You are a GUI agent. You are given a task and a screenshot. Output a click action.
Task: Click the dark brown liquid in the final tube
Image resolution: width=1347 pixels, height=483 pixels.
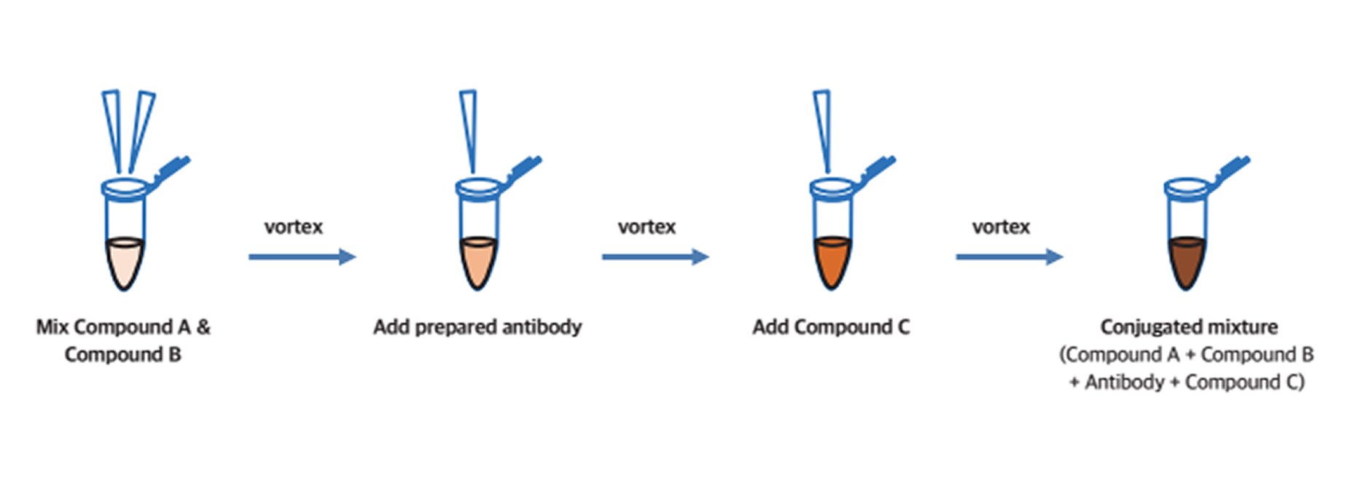coord(1186,261)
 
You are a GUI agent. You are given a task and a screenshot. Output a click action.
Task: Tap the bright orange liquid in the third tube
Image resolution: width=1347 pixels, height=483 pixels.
coord(832,261)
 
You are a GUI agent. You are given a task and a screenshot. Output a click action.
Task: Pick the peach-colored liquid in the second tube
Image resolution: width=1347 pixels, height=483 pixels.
coord(478,261)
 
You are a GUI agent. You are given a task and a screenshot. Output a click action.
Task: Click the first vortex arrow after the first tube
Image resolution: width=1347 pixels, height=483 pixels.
coord(302,256)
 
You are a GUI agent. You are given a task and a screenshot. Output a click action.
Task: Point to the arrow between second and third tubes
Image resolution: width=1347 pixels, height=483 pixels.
coord(655,256)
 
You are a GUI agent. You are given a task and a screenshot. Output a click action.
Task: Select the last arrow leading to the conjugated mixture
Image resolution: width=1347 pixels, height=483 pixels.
coord(1009,256)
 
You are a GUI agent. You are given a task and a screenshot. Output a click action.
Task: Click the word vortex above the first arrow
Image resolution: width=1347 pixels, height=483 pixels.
coord(293,227)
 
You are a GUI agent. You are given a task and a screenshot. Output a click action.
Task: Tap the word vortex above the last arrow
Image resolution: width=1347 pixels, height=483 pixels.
coord(1001,227)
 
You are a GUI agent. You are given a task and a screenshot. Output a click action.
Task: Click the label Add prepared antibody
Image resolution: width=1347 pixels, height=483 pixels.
coord(477,327)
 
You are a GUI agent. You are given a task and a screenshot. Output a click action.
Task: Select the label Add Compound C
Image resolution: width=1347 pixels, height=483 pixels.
coord(831,327)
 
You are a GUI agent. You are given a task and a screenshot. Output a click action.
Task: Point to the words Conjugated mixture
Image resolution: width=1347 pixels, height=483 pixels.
coord(1189,327)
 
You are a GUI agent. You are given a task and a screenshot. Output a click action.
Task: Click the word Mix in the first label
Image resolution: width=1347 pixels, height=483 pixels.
coord(52,327)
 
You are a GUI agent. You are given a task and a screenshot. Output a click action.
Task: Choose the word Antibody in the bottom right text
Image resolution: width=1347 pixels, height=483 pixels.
coord(1124,382)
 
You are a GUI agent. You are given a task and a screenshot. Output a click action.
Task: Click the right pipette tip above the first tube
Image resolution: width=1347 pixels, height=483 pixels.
coord(141,127)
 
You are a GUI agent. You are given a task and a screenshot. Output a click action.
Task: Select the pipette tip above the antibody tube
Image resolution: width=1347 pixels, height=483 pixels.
coord(469,127)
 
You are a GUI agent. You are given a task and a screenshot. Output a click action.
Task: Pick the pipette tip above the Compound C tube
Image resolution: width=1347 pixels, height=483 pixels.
coord(823,127)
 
